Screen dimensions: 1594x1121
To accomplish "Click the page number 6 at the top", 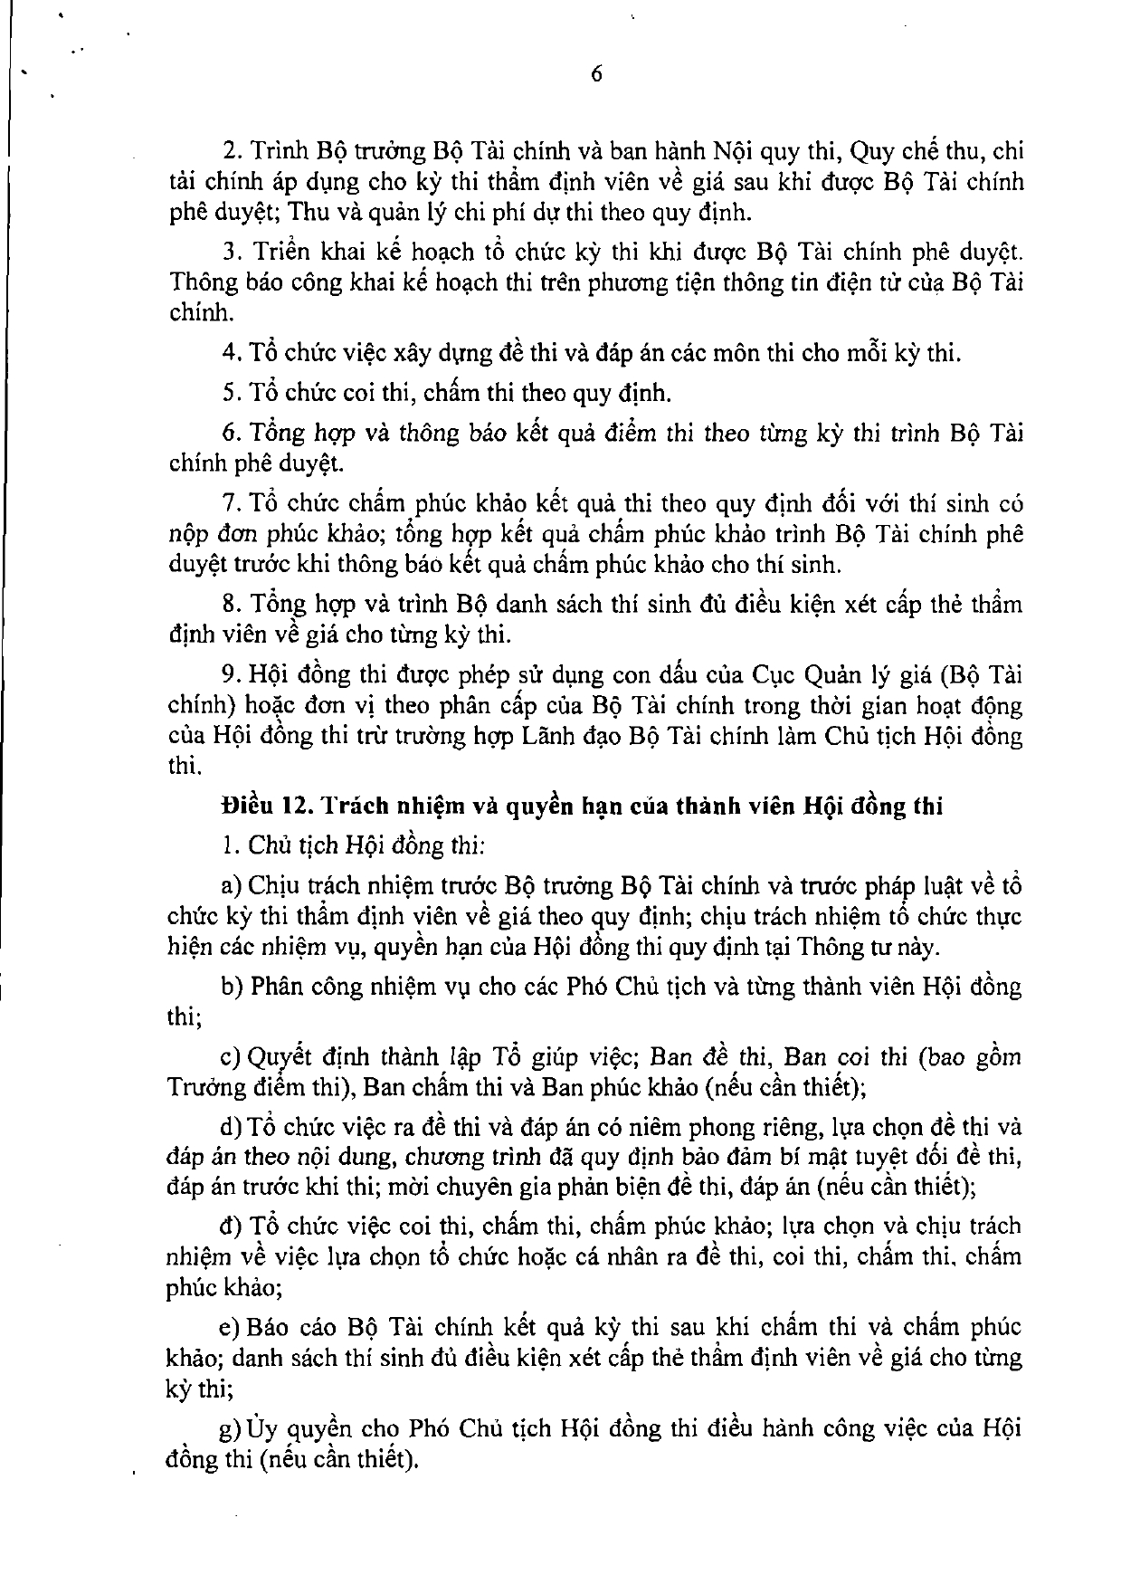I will pos(596,76).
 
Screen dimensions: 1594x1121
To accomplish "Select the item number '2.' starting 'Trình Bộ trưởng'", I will pos(229,150).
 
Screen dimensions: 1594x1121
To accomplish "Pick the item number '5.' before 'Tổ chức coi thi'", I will pos(229,393).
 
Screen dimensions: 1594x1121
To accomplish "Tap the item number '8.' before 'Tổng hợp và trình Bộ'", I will pos(229,604).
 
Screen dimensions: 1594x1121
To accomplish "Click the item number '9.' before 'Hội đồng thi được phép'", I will pos(229,674).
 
